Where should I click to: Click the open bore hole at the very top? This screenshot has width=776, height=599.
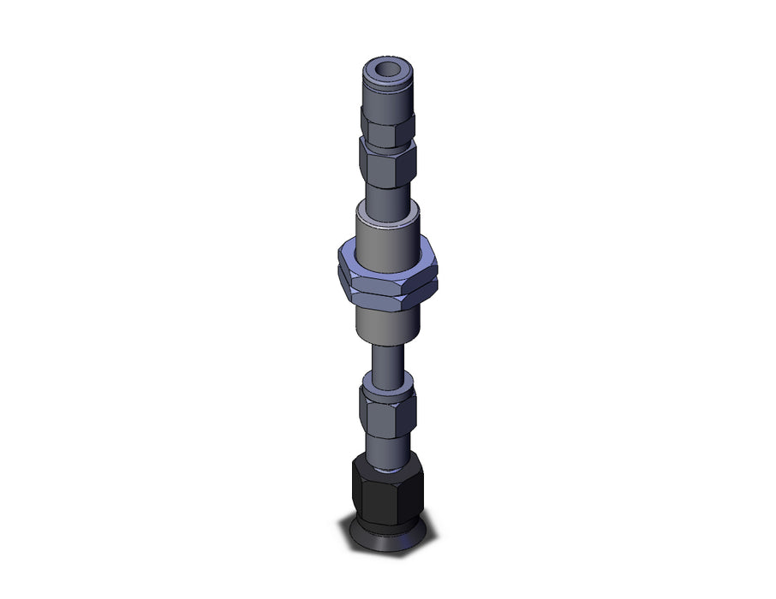coord(388,68)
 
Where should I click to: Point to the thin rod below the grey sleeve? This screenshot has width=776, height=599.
coord(388,357)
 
